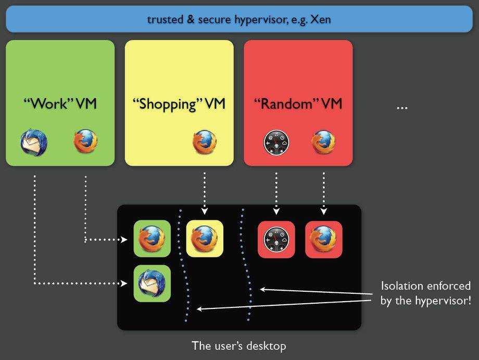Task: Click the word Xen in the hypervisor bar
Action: pos(320,20)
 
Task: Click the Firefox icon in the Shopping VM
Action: pos(205,142)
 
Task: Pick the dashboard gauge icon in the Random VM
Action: pos(276,142)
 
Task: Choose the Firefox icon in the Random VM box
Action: pos(323,142)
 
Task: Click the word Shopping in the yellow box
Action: pos(167,104)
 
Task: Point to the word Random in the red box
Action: pos(286,104)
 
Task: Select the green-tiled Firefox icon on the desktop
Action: pos(152,239)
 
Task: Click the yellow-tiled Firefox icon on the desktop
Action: pos(205,239)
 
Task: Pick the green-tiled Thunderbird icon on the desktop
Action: pos(152,283)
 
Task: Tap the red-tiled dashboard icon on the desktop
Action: pos(276,239)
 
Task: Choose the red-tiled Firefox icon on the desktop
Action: pos(323,239)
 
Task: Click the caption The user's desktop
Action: pos(239,345)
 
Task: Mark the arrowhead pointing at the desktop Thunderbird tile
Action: pos(124,283)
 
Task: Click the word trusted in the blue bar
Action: pos(164,20)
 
